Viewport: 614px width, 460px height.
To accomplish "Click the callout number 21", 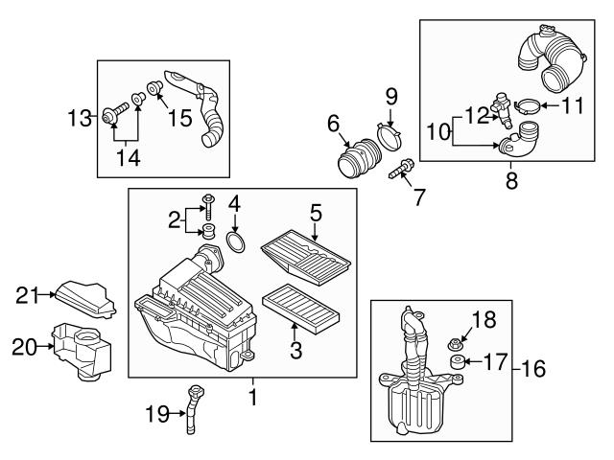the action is (x=28, y=295).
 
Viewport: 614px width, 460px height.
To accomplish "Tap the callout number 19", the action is (x=157, y=413).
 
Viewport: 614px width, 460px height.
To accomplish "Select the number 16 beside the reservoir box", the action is (x=533, y=368).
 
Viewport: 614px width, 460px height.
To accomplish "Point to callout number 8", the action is (x=511, y=180).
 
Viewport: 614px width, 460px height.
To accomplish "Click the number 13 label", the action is (x=80, y=118).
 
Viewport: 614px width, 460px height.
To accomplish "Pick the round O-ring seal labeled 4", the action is (x=236, y=242).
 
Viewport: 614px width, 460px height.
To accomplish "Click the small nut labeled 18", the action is (x=454, y=345).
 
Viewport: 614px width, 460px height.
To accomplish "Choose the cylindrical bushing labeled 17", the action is (x=457, y=362).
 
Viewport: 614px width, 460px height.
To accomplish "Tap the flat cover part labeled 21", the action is (x=86, y=299).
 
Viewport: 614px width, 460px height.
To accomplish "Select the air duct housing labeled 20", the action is (x=82, y=351).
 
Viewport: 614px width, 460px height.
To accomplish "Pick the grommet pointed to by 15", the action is (x=155, y=87).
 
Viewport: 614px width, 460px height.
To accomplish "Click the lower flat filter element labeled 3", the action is (x=300, y=309).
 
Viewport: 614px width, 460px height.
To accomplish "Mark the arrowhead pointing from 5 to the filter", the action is (x=316, y=238).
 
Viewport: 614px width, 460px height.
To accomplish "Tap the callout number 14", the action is (x=128, y=158).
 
